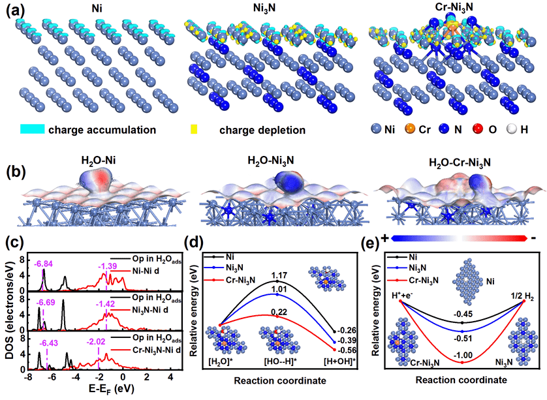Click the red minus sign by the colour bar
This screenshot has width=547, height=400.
click(534, 239)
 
